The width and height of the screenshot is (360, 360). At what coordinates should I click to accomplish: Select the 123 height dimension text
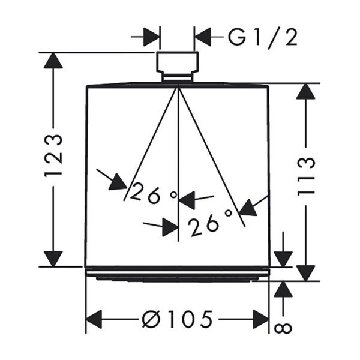pyautogui.click(x=53, y=156)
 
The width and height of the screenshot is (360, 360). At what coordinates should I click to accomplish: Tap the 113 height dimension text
pyautogui.click(x=306, y=176)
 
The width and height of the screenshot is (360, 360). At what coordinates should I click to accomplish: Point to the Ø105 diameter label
pyautogui.click(x=177, y=319)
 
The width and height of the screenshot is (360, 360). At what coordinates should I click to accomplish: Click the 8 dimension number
pyautogui.click(x=283, y=328)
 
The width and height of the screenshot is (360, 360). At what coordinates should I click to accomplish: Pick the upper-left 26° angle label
pyautogui.click(x=154, y=193)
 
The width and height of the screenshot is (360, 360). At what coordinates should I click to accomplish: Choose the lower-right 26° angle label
pyautogui.click(x=209, y=223)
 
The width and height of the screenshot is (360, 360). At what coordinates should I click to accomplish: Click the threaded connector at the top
pyautogui.click(x=177, y=62)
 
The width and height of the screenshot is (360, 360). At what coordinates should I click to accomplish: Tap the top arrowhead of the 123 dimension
pyautogui.click(x=53, y=61)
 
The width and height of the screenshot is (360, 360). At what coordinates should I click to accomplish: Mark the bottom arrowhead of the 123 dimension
pyautogui.click(x=53, y=259)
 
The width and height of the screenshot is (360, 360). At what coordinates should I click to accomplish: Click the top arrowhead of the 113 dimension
pyautogui.click(x=306, y=91)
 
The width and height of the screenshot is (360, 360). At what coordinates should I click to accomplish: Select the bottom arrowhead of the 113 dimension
pyautogui.click(x=306, y=273)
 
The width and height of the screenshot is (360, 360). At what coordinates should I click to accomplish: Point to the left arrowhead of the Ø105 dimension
pyautogui.click(x=94, y=319)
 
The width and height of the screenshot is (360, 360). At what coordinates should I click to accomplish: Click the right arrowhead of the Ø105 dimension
pyautogui.click(x=261, y=319)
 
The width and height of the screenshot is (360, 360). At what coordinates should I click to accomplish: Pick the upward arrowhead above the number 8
pyautogui.click(x=283, y=290)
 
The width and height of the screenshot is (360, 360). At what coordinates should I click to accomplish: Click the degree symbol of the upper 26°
pyautogui.click(x=174, y=194)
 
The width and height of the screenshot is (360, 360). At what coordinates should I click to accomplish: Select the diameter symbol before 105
pyautogui.click(x=151, y=319)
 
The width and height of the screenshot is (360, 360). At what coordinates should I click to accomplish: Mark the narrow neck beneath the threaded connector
pyautogui.click(x=177, y=77)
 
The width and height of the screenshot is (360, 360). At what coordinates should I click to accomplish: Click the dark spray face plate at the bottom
pyautogui.click(x=177, y=278)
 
